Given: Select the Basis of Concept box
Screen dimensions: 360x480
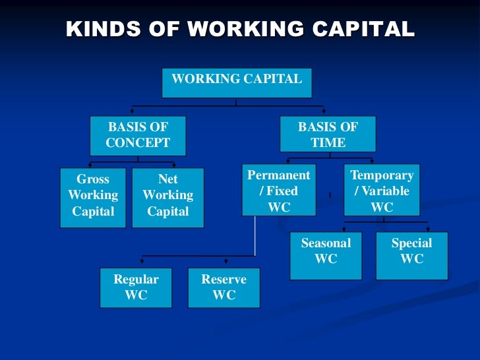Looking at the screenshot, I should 138,135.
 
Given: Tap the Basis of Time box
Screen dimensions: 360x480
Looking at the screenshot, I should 328,135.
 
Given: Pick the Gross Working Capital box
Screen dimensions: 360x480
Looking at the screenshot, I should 93,196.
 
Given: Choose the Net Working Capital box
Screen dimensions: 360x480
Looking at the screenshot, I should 168,196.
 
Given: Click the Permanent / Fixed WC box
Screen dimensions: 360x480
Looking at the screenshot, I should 278,191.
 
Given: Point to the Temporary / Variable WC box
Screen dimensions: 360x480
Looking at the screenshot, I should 382,191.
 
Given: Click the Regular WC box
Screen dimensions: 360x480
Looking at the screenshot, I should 136,287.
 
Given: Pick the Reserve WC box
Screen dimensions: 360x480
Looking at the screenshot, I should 224,287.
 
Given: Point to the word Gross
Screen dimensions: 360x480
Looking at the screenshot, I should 93,179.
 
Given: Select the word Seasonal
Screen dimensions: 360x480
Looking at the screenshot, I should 326,243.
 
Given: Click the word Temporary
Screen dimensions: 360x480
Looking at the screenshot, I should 382,175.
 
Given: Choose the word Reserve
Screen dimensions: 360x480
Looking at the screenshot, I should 224,280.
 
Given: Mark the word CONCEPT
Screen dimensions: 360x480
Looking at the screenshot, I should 138,143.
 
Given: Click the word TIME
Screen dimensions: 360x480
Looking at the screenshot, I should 328,143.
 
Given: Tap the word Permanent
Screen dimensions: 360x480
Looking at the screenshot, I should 278,175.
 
